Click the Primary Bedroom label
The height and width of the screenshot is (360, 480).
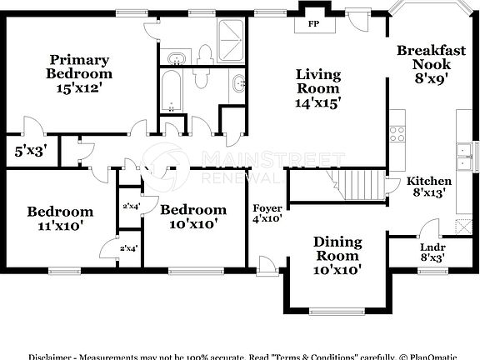[x=79, y=73]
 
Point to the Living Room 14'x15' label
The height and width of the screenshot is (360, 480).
[x=318, y=88]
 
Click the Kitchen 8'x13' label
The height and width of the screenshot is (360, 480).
[x=428, y=186]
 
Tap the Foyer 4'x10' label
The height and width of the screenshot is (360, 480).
[x=267, y=213]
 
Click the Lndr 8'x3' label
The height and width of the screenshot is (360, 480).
[x=430, y=252]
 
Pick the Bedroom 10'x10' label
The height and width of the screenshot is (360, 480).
[x=192, y=216]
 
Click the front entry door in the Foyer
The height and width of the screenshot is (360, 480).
[x=267, y=267]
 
